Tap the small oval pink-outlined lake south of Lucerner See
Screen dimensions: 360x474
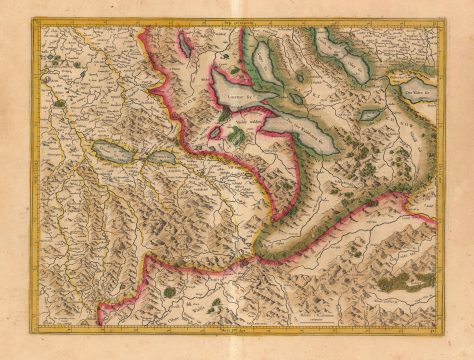point(216,131)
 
